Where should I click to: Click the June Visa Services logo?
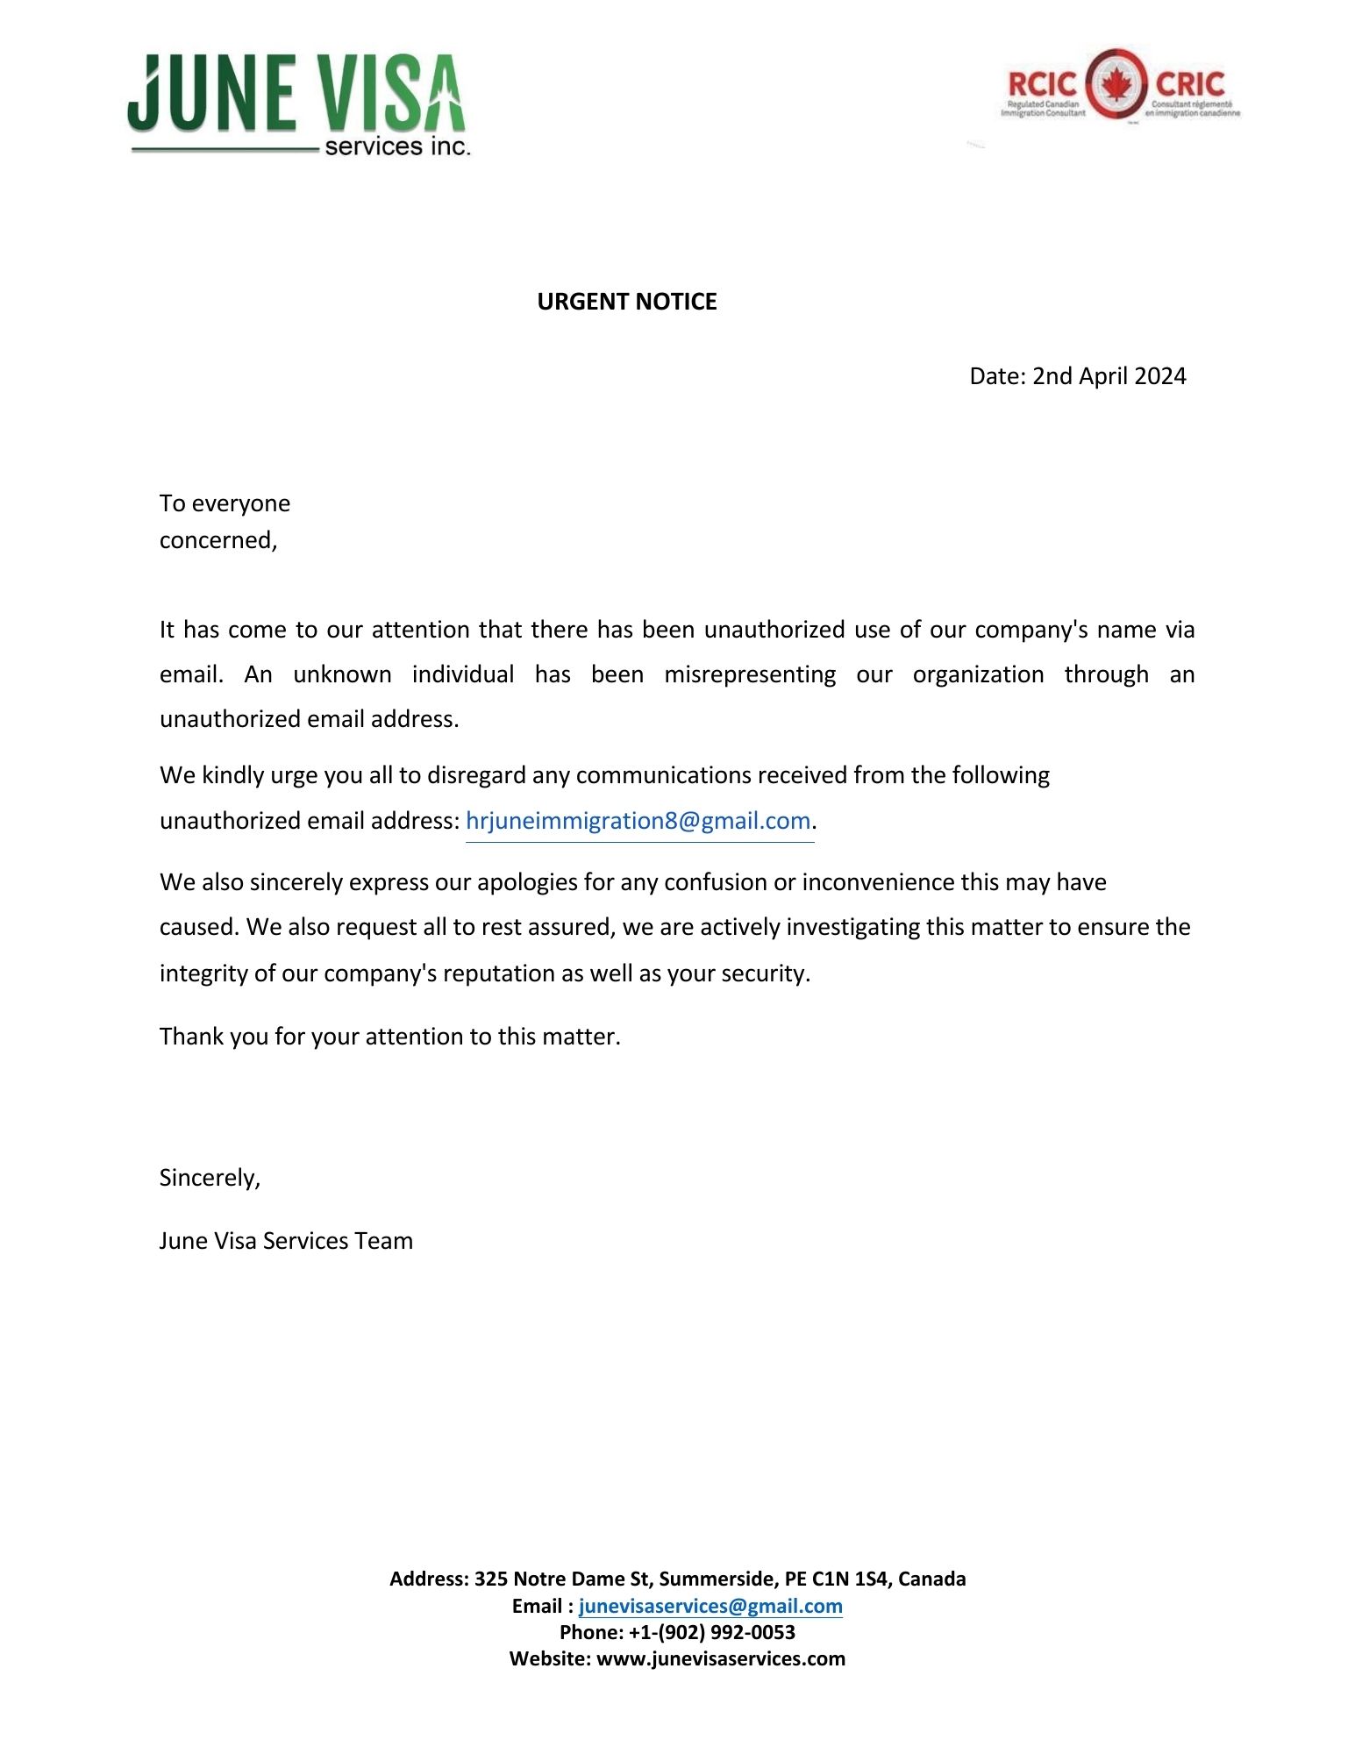pyautogui.click(x=298, y=103)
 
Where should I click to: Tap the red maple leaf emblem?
pyautogui.click(x=1116, y=85)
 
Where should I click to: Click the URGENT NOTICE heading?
pyautogui.click(x=627, y=302)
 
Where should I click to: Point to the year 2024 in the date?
pyautogui.click(x=1159, y=376)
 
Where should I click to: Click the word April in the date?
pyautogui.click(x=1102, y=376)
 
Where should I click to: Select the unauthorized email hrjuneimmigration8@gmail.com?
pyautogui.click(x=638, y=821)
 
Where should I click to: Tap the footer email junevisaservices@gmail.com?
pyautogui.click(x=710, y=1606)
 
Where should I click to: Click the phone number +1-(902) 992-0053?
pyautogui.click(x=712, y=1632)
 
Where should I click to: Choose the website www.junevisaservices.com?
pyautogui.click(x=721, y=1658)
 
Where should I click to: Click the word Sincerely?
pyautogui.click(x=209, y=1177)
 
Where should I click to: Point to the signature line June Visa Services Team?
pyautogui.click(x=286, y=1241)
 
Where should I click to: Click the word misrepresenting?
pyautogui.click(x=750, y=674)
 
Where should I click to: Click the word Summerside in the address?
pyautogui.click(x=717, y=1579)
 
